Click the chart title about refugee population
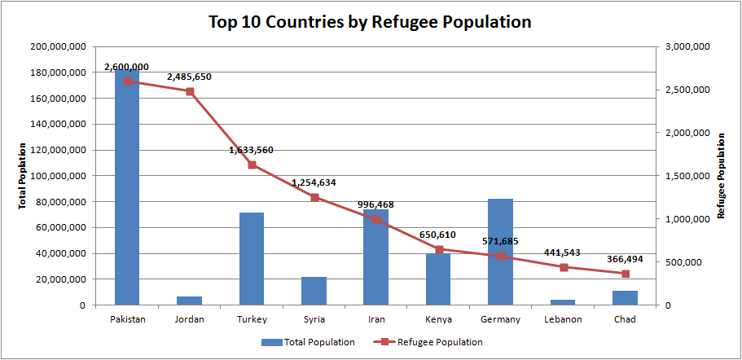(x=370, y=21)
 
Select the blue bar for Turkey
(x=252, y=259)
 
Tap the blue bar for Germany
(x=501, y=252)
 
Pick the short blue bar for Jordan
(x=190, y=301)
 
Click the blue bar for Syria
(x=314, y=291)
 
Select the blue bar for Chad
(x=626, y=297)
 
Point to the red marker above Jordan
(x=190, y=91)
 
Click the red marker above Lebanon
(x=564, y=267)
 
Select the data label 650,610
(x=437, y=235)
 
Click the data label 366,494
(x=625, y=259)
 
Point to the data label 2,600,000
(x=126, y=67)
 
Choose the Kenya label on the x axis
(x=439, y=319)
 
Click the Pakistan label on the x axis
(x=128, y=319)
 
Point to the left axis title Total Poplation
(x=22, y=176)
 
